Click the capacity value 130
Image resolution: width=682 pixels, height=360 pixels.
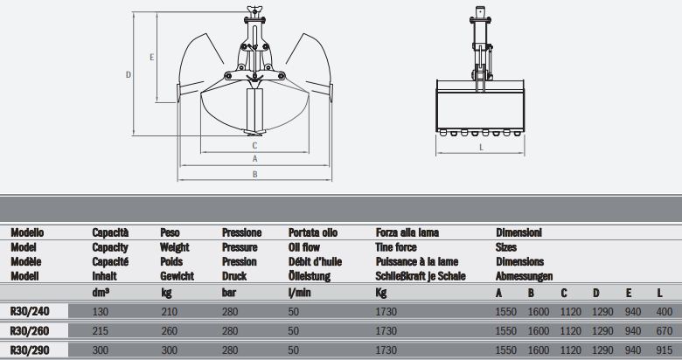tap(100, 310)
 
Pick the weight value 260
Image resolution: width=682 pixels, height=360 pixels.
tap(169, 331)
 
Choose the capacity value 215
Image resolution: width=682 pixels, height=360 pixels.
tap(100, 331)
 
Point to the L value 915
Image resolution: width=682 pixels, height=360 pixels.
tap(665, 351)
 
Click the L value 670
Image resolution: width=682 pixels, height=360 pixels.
tap(665, 331)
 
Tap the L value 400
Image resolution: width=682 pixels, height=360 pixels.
tap(665, 310)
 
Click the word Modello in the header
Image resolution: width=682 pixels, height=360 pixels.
tap(26, 233)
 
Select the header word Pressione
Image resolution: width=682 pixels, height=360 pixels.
tap(242, 233)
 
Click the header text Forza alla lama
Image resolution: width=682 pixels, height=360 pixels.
tap(407, 233)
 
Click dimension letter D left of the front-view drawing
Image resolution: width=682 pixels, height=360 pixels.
tap(129, 75)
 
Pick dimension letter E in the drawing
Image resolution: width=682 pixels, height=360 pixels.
tap(152, 57)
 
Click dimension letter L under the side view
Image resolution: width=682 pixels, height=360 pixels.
tap(482, 148)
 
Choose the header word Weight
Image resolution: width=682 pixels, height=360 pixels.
tap(176, 247)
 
